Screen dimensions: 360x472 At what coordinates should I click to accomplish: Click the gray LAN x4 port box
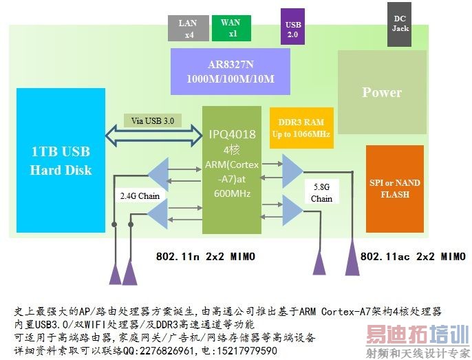click(188, 28)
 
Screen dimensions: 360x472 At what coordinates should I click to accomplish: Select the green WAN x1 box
click(231, 28)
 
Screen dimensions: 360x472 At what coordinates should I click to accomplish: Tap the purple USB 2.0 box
click(292, 28)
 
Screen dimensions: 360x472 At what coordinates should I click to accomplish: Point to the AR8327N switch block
click(230, 72)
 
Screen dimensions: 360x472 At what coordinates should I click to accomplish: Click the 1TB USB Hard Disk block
click(61, 160)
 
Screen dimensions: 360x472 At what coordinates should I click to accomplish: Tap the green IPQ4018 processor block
click(232, 169)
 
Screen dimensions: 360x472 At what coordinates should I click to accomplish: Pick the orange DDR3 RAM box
click(301, 127)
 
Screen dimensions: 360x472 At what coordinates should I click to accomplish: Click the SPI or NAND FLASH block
click(394, 189)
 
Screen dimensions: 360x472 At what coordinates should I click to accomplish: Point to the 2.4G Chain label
click(140, 196)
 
